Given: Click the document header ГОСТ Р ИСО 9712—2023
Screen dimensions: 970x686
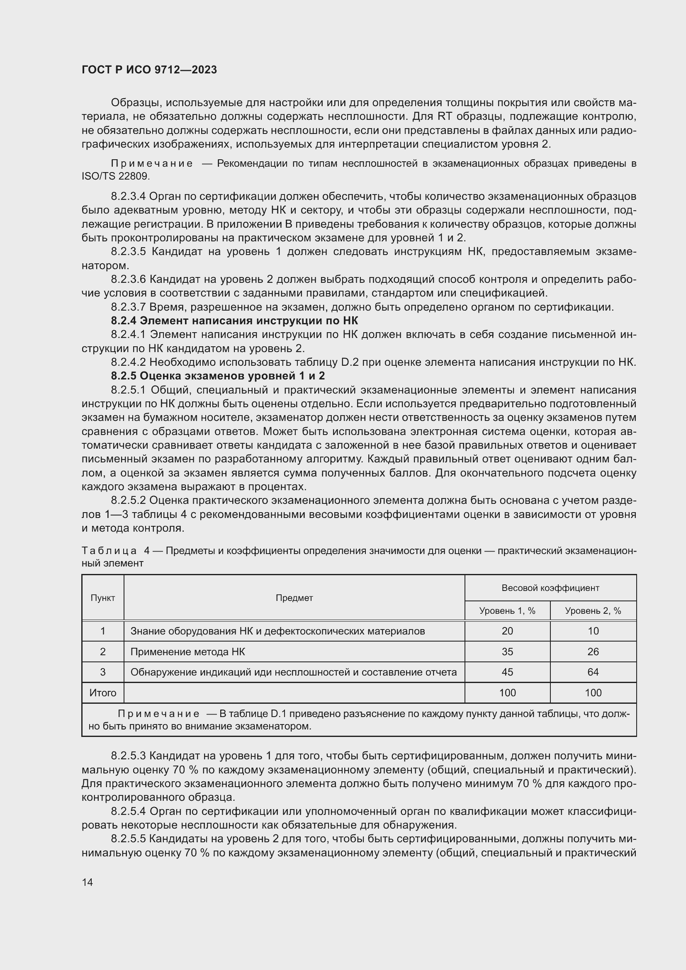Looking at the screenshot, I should click(149, 70).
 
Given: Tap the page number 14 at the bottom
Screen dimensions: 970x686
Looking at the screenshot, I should click(88, 882).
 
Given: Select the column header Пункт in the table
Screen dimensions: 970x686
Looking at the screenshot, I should click(102, 598).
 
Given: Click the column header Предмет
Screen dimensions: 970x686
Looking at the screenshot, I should click(294, 598).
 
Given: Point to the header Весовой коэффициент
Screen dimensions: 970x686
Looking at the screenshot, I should click(550, 588).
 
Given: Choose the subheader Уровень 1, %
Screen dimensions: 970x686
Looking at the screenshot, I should click(507, 611).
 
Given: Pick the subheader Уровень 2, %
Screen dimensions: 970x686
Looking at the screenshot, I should click(593, 611).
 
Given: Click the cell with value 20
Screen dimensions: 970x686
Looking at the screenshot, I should click(507, 631).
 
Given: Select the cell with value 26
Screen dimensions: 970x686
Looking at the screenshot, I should click(593, 652).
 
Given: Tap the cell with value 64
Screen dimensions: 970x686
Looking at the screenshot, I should click(593, 672).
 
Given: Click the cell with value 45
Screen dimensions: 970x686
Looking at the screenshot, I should click(507, 672).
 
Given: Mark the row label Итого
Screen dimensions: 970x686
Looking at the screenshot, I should click(102, 693).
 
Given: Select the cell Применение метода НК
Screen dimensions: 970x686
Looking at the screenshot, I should click(187, 652).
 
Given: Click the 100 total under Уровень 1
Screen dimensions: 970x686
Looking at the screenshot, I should click(507, 693).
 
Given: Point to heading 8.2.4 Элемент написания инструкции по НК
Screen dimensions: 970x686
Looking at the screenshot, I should click(234, 321).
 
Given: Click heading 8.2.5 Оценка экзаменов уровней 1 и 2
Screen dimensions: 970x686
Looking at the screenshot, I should click(218, 376).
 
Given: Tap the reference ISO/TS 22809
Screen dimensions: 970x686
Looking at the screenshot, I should click(116, 176).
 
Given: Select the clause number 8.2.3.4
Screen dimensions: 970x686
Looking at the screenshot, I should click(129, 197).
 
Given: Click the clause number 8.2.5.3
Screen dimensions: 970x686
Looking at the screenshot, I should click(129, 756).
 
